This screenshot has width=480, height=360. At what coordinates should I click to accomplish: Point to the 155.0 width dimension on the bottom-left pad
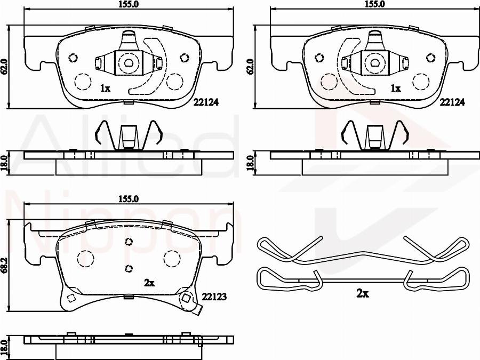129,199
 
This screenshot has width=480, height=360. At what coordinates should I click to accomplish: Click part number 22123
214,297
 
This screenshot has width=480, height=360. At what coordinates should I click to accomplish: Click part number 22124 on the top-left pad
206,102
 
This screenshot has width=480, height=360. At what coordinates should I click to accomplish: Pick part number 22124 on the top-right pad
452,102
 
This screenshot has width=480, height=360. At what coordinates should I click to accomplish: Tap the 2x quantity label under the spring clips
363,294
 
